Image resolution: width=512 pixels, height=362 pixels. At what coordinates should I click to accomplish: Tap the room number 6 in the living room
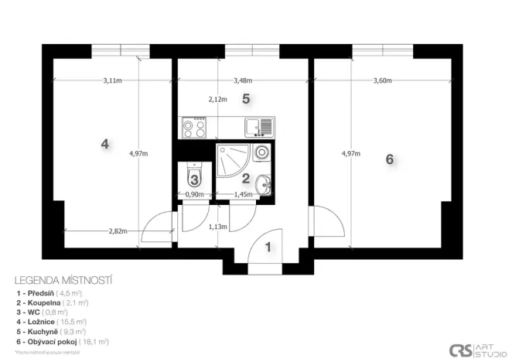[390, 159]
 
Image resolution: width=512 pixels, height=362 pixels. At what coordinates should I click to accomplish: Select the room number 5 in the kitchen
[245, 98]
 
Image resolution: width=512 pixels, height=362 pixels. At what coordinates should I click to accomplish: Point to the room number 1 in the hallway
[268, 248]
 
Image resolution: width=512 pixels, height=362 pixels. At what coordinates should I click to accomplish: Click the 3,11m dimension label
[112, 81]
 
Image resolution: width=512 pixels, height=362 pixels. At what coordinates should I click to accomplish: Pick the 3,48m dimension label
[243, 81]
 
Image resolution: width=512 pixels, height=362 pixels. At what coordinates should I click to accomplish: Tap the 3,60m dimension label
[382, 81]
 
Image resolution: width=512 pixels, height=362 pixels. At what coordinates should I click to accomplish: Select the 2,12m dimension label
[217, 99]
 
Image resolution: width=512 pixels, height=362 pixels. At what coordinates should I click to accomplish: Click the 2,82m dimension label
[118, 231]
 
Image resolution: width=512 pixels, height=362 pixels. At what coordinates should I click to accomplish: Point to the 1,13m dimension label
[217, 227]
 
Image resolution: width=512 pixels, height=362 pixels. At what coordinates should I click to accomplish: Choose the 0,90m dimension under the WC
[195, 195]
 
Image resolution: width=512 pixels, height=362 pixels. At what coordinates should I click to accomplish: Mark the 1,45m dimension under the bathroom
[243, 195]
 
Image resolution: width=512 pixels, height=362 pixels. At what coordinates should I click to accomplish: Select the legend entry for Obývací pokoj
[62, 340]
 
